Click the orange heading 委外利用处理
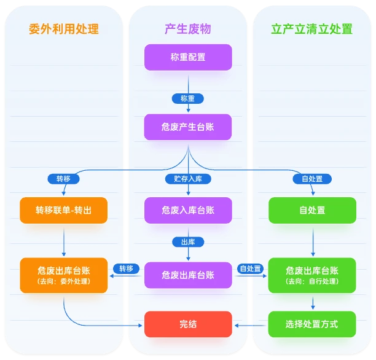click(63, 29)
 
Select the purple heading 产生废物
click(187, 29)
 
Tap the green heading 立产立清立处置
click(311, 29)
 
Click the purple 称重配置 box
click(187, 57)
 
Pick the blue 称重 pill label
click(187, 98)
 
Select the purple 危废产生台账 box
click(187, 127)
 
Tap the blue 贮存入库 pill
click(187, 179)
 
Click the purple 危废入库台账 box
click(187, 210)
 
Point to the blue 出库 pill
click(187, 241)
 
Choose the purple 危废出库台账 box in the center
click(187, 275)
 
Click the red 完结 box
click(187, 324)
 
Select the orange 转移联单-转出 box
click(63, 210)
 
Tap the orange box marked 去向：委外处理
click(63, 275)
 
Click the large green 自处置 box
click(311, 210)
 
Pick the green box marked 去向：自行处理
click(311, 275)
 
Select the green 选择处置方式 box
click(311, 324)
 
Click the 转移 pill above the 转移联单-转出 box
click(63, 179)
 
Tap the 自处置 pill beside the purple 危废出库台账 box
click(250, 268)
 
